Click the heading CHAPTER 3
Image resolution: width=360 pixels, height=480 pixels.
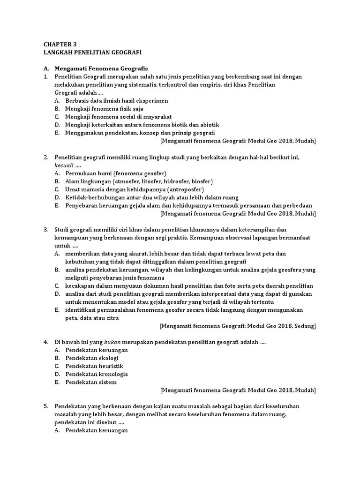tap(60, 44)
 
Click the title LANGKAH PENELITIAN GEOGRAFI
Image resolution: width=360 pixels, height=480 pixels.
tap(92, 52)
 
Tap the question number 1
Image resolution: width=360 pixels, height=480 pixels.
tap(46, 76)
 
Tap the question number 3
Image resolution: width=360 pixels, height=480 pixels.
tap(46, 230)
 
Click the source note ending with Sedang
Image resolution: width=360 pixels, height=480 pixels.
tap(238, 325)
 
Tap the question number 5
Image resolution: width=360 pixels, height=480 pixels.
tap(46, 406)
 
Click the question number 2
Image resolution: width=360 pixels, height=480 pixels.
tap(46, 157)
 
